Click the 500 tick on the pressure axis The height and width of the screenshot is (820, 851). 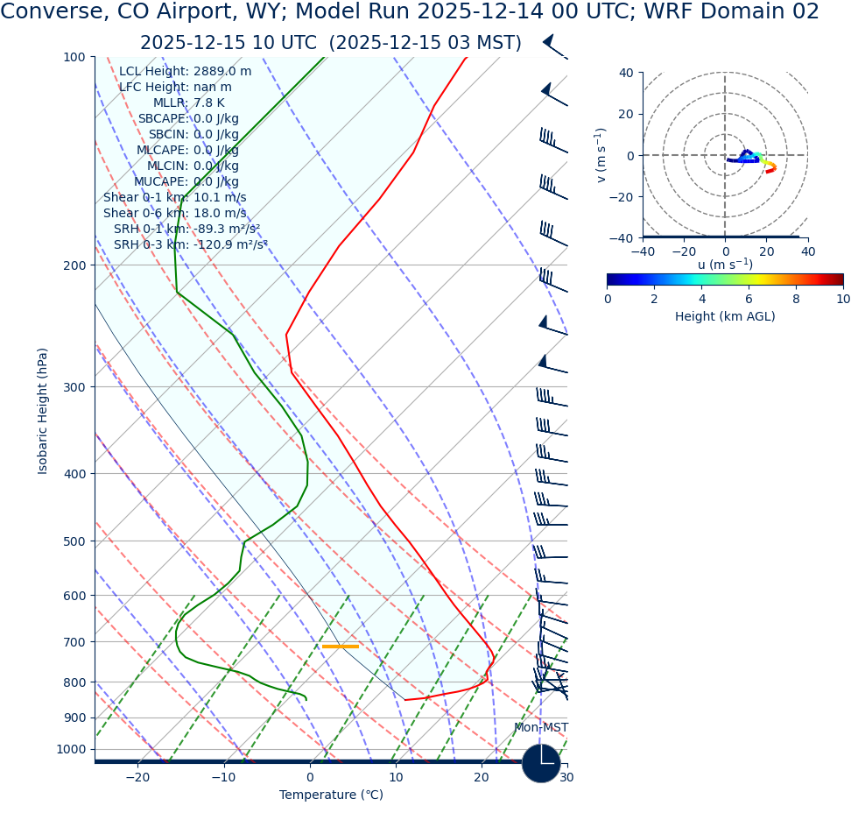coord(74,541)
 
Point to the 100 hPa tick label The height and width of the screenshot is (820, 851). coord(74,57)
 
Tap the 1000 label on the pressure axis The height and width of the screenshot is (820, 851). coord(71,749)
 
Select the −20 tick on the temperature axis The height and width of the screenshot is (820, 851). coord(137,778)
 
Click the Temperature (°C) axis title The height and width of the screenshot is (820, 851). coord(331,795)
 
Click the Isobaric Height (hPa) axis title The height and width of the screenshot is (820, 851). coord(43,411)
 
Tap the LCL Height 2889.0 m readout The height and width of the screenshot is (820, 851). coord(185,72)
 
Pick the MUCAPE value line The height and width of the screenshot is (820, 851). coord(186,182)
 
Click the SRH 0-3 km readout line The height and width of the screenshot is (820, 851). coord(190,245)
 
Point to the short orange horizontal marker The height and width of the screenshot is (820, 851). coord(340,647)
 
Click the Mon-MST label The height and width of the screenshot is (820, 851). coord(540,728)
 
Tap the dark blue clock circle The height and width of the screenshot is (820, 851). coord(540,763)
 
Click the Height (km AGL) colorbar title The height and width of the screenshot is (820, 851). coord(724,317)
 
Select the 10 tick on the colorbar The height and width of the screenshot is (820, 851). coord(842,299)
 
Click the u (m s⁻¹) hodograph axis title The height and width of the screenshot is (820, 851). coord(725,265)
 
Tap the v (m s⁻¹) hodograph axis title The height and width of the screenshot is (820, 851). coord(601,155)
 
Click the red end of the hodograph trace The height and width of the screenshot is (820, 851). coord(768,171)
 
